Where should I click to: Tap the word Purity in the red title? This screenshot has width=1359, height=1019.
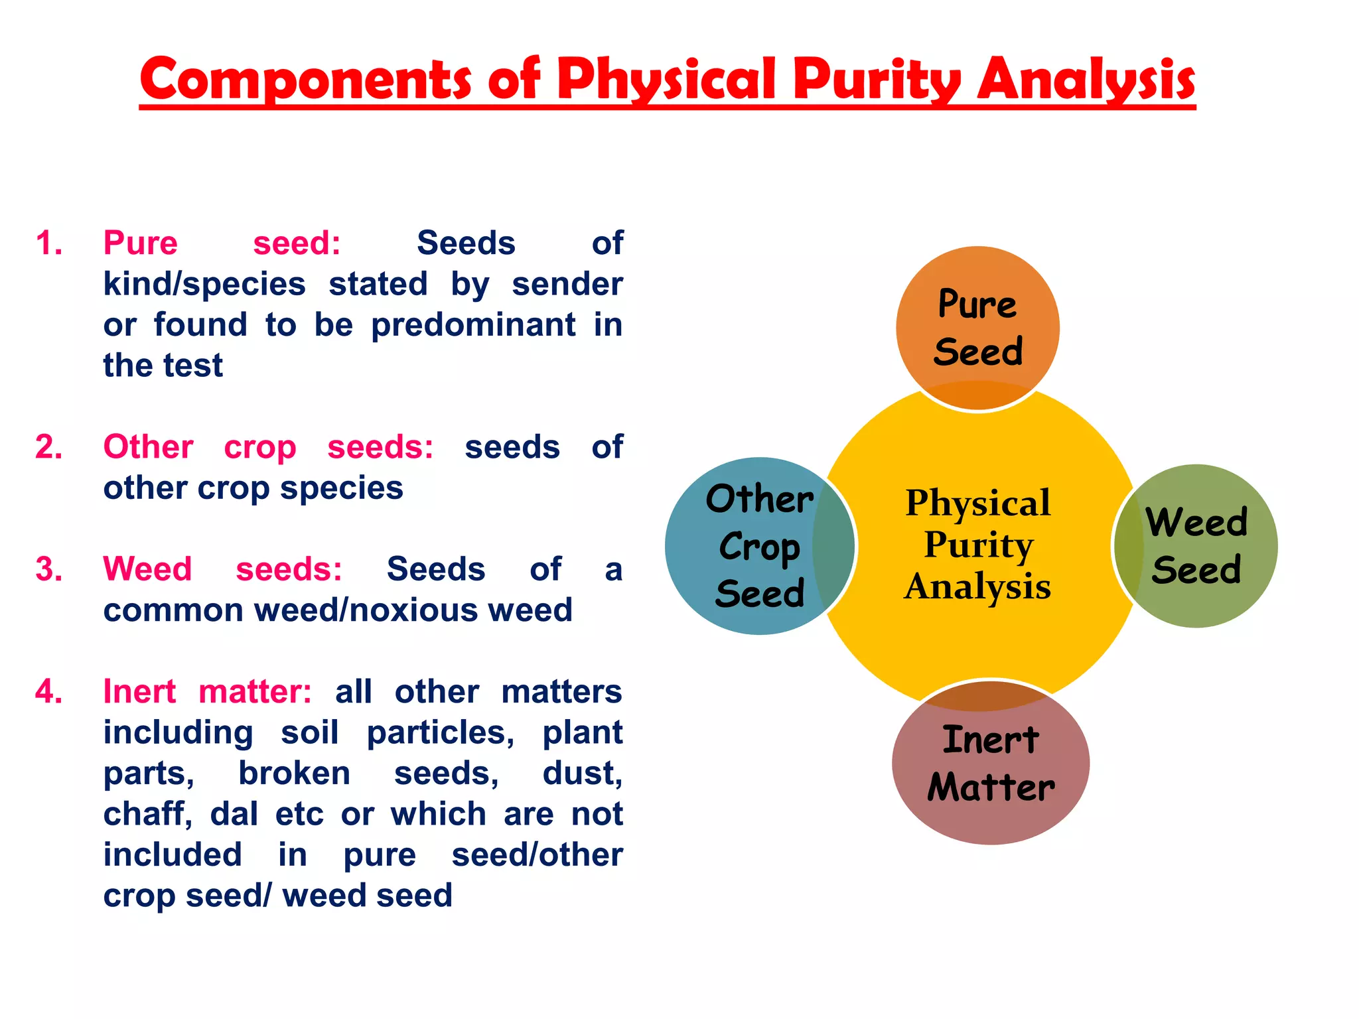click(x=877, y=80)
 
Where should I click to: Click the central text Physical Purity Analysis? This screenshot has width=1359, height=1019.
click(x=977, y=544)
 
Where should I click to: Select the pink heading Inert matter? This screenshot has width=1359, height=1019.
click(x=207, y=691)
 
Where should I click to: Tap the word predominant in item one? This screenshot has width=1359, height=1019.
click(x=473, y=325)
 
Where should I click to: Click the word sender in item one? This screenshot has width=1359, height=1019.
click(x=567, y=284)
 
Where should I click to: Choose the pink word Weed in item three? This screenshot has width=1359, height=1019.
click(x=147, y=569)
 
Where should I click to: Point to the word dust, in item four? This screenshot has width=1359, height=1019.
click(x=582, y=774)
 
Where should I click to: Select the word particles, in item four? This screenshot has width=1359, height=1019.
click(x=440, y=732)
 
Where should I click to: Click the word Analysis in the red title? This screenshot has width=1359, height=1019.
click(x=1086, y=80)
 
